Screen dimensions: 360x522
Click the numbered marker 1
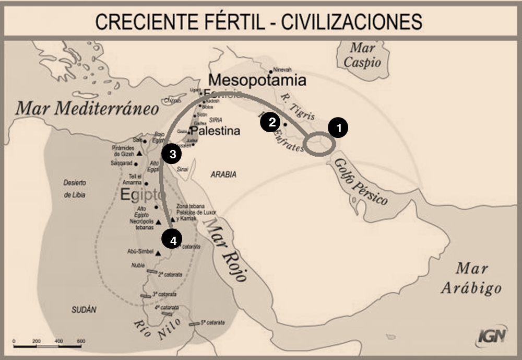point(338,127)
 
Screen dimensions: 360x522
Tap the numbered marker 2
point(271,122)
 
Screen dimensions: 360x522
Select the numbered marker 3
point(172,153)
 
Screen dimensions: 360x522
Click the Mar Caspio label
point(362,55)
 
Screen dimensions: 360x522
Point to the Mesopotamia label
point(257,80)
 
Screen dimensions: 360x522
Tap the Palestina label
point(215,131)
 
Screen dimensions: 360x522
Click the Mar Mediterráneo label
point(87,108)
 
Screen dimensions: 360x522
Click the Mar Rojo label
point(224,249)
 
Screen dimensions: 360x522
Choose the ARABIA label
point(223,175)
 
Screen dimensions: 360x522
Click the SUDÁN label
point(84,309)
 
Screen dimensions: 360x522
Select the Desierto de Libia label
point(75,189)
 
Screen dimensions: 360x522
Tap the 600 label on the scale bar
point(81,341)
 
